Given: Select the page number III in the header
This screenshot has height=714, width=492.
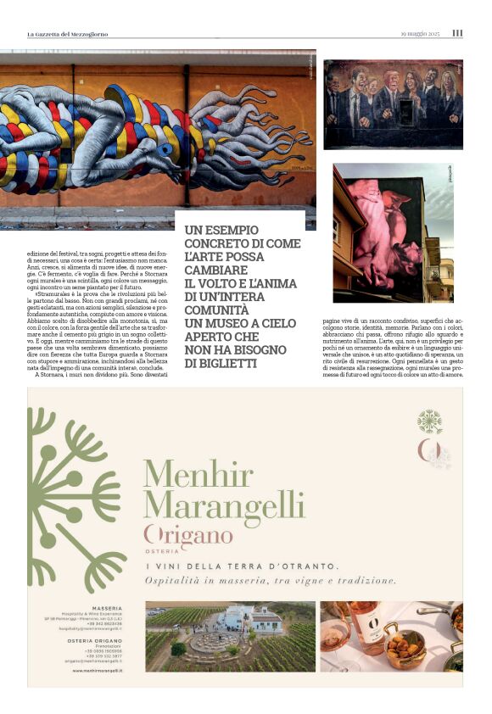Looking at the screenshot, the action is tap(457, 33).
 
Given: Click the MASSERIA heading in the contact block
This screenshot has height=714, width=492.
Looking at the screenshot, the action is tap(107, 608).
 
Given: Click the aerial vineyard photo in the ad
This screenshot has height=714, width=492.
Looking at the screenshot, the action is tap(230, 637).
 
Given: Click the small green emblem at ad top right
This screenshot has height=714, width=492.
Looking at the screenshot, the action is tap(430, 421).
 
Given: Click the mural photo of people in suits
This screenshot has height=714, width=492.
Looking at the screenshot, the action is tap(393, 103).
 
